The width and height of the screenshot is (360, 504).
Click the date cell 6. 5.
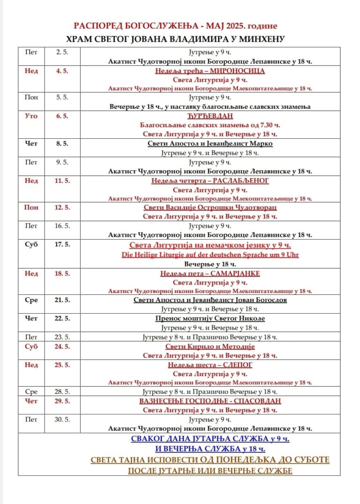click(x=62, y=116)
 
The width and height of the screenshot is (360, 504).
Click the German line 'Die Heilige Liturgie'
click(x=210, y=255)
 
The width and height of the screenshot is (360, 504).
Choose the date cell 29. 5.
click(x=62, y=401)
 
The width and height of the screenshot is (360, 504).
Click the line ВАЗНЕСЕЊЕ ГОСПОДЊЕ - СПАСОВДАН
click(x=210, y=401)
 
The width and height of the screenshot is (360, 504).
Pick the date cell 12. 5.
click(x=62, y=207)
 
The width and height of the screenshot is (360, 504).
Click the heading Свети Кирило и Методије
click(x=210, y=346)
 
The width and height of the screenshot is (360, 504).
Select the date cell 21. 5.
click(x=62, y=300)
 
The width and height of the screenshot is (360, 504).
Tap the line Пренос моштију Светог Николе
click(x=210, y=319)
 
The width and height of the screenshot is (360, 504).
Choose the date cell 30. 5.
click(x=62, y=419)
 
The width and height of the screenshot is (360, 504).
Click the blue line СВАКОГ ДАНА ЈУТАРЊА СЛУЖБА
click(x=210, y=439)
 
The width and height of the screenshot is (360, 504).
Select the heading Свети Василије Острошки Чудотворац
click(x=210, y=207)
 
